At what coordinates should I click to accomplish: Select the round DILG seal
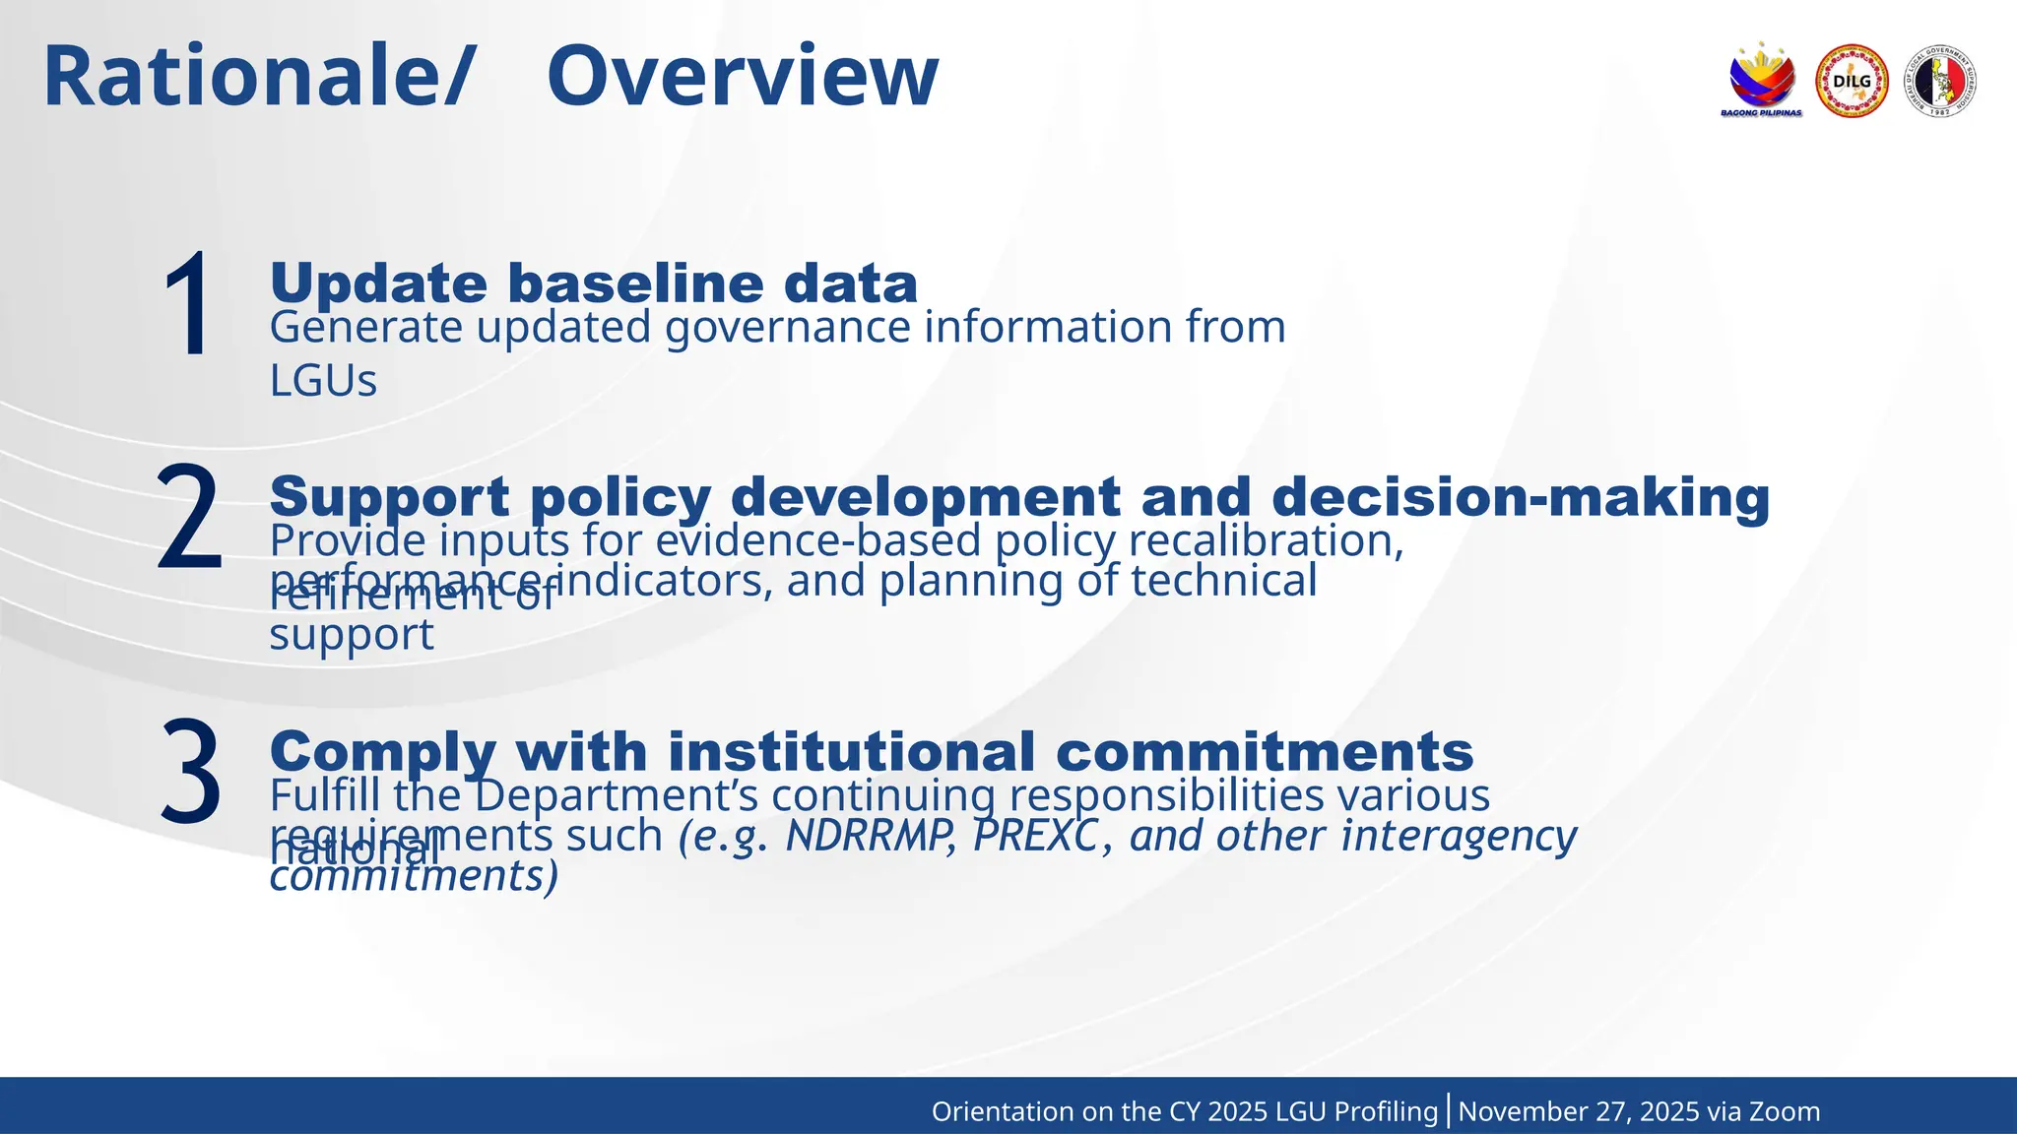point(1852,82)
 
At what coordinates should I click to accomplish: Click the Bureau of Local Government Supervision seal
point(1939,82)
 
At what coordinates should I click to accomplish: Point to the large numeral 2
point(189,518)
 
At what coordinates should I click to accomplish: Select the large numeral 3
point(190,772)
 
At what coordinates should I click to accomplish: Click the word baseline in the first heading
point(635,283)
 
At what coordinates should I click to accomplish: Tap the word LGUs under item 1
point(323,381)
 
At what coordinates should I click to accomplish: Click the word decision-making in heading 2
point(1521,496)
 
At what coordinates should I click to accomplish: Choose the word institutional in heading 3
point(851,752)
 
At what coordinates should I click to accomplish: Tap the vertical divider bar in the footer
point(1449,1110)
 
